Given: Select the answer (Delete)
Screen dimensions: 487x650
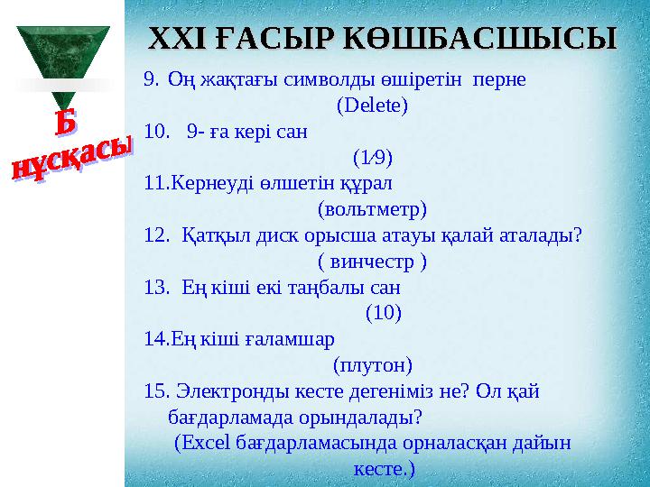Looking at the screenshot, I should click(372, 105).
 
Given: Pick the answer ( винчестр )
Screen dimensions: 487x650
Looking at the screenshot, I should click(372, 262).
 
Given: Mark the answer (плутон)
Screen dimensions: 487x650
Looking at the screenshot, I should click(372, 366).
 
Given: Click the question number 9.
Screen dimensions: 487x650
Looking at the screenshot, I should click(152, 78).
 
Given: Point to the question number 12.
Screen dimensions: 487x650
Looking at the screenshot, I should click(155, 235).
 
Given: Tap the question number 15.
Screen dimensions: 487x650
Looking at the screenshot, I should click(156, 392).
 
